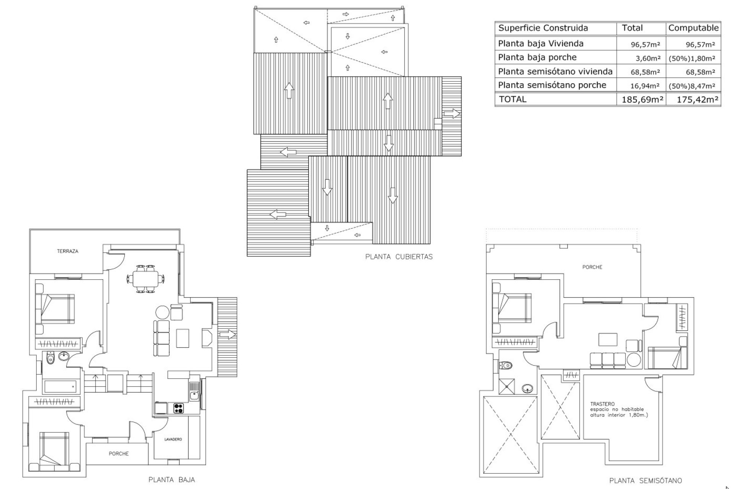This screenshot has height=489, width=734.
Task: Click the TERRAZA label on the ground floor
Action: [68, 251]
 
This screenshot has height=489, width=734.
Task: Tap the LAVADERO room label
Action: [173, 439]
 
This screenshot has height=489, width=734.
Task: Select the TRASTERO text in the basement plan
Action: [602, 404]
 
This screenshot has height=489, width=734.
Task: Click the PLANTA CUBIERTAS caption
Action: [399, 257]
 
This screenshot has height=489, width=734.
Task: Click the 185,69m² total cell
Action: [641, 100]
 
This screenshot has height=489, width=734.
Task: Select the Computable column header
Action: [693, 28]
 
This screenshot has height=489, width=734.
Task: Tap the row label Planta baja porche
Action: [537, 57]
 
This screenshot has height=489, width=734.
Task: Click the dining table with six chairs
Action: [146, 279]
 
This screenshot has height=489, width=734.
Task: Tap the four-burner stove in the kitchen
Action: [178, 408]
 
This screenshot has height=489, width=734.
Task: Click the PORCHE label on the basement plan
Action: [592, 267]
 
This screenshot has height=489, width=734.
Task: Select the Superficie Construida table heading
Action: [543, 28]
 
